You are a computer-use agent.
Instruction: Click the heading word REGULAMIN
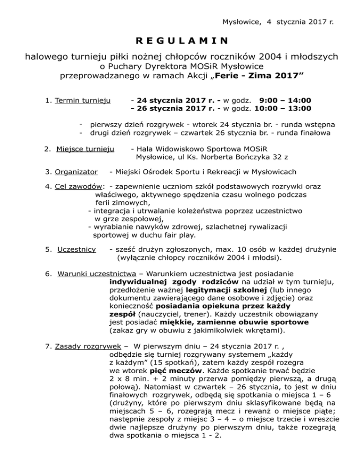[x=180, y=41]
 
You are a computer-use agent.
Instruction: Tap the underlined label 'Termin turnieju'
[x=82, y=101]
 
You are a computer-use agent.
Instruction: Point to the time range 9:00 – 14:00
[x=285, y=101]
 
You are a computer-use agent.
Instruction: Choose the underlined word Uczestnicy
[x=76, y=249]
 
